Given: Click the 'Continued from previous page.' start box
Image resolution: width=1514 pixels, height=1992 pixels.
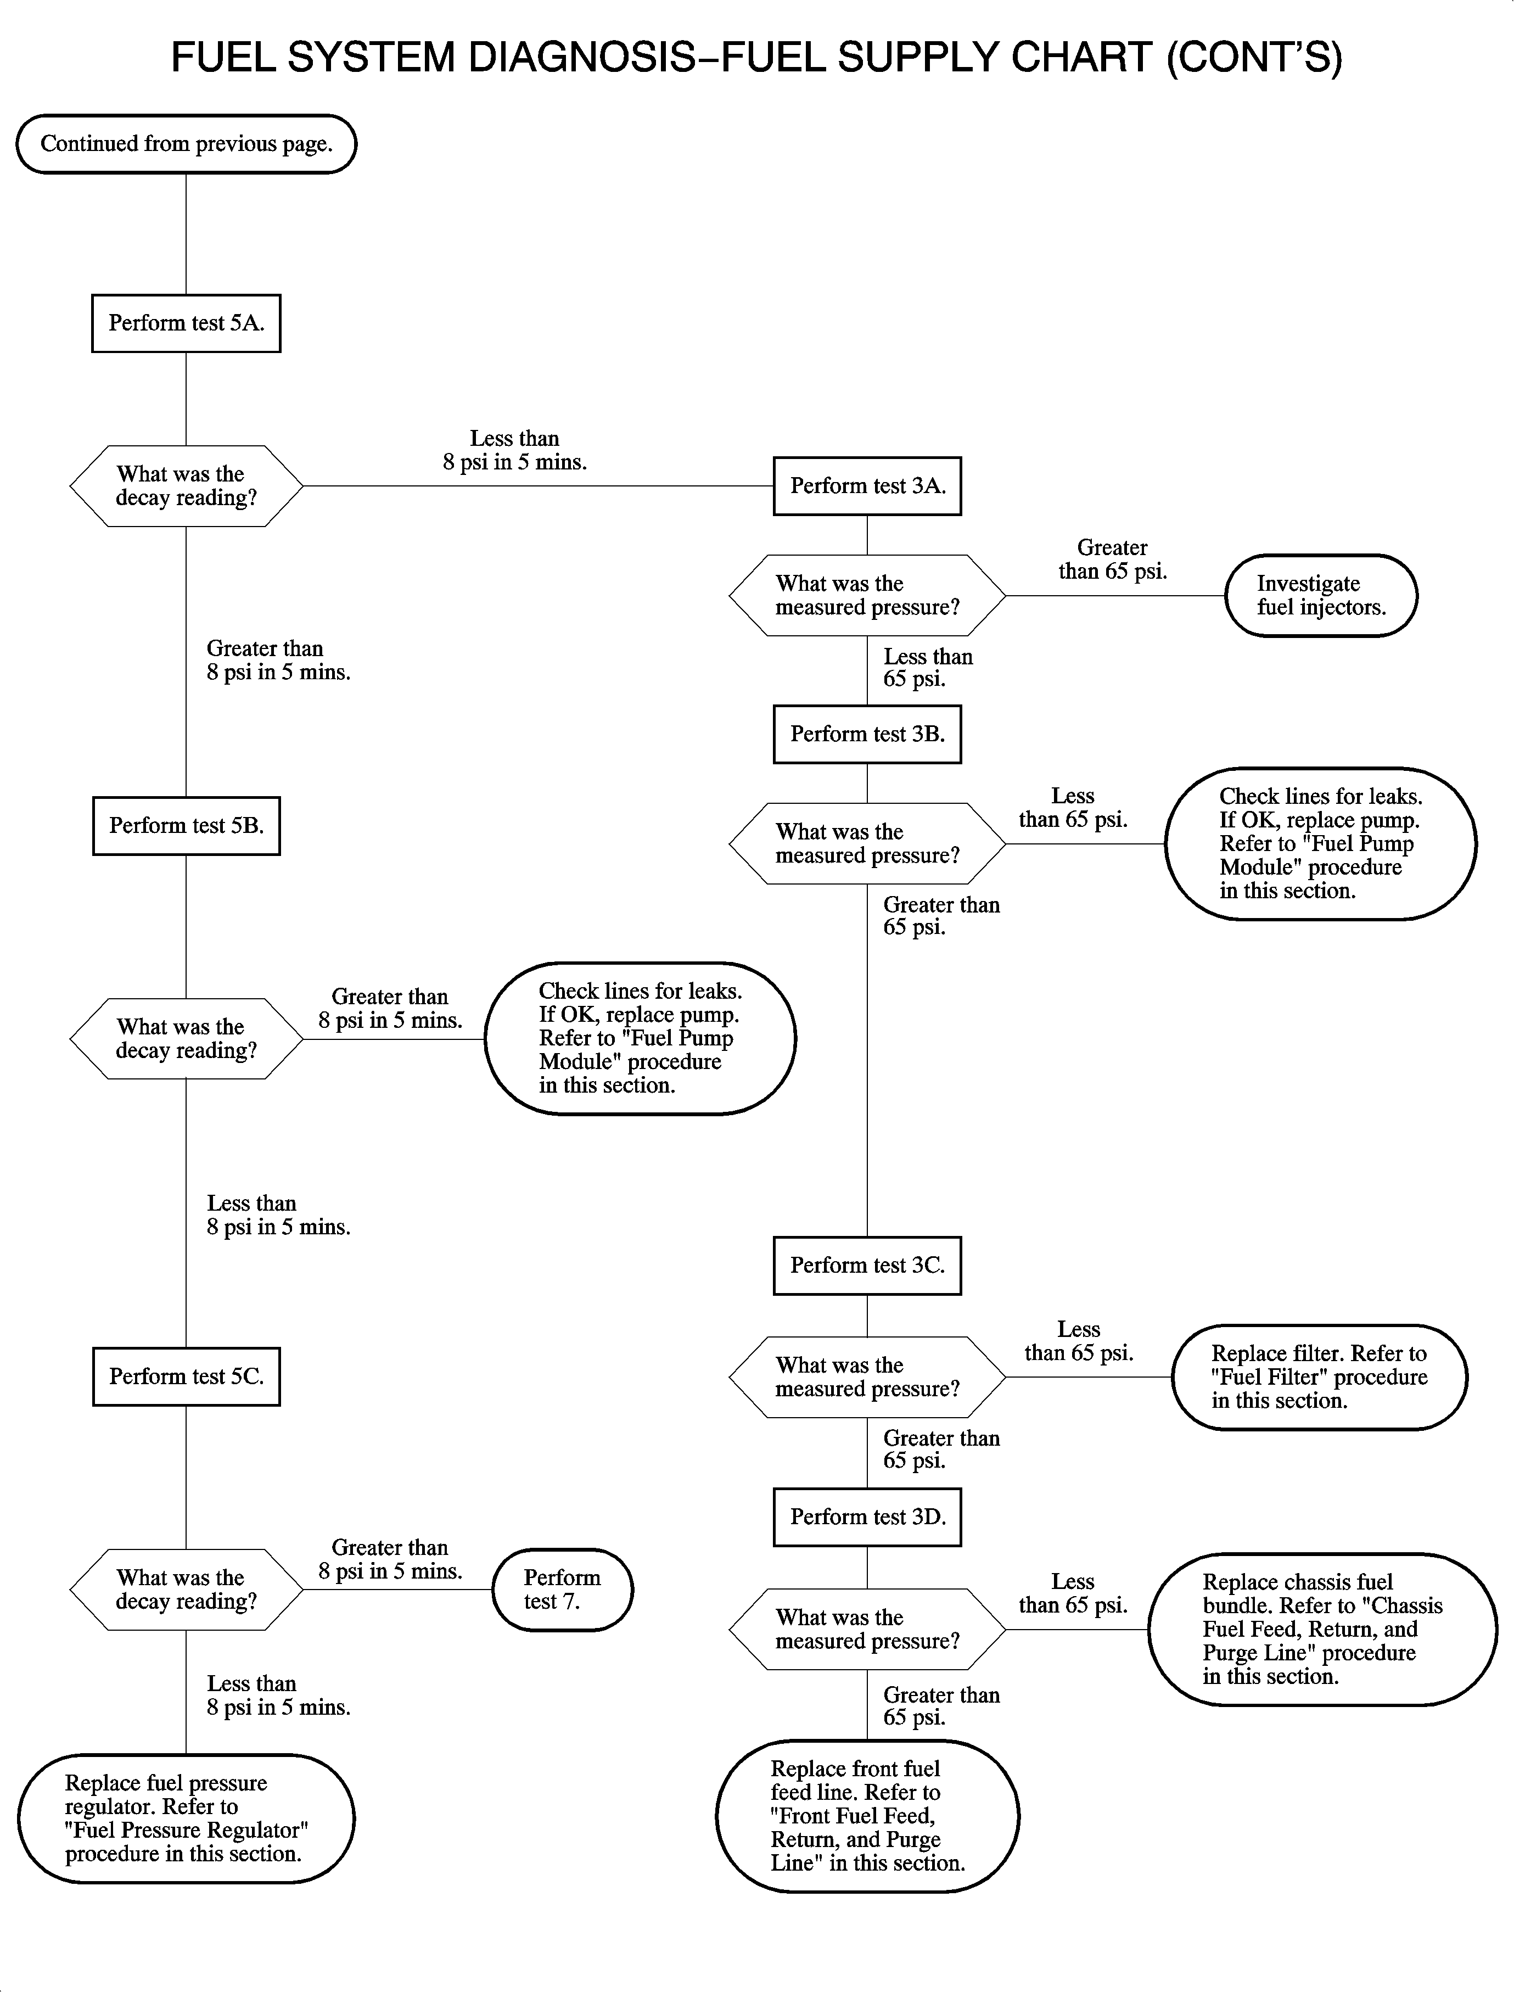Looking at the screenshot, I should point(187,144).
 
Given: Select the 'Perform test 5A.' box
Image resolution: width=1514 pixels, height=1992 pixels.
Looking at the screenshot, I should point(187,323).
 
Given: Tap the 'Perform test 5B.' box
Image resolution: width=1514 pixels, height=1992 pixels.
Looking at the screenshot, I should point(187,826).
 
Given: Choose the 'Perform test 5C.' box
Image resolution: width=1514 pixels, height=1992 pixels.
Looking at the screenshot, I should point(187,1377).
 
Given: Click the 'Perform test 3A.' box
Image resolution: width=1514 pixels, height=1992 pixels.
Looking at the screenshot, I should point(867,486).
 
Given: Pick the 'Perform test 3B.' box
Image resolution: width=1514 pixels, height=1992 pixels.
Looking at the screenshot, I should point(867,734).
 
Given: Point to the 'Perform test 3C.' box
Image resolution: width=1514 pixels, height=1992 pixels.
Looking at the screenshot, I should point(867,1266).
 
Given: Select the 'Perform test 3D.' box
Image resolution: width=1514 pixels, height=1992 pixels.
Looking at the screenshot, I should point(867,1517).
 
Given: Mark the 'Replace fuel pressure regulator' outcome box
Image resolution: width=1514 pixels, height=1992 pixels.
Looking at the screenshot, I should point(187,1818).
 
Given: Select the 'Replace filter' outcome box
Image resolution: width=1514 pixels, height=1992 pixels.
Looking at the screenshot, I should point(1319,1377).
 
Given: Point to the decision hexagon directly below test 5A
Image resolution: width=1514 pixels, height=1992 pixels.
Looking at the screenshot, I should point(187,486).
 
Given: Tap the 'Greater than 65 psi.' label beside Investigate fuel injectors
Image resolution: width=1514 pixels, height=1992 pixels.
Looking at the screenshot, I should point(1112,559).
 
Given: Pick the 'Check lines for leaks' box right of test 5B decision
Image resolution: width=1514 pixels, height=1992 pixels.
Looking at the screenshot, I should point(640,1038).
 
